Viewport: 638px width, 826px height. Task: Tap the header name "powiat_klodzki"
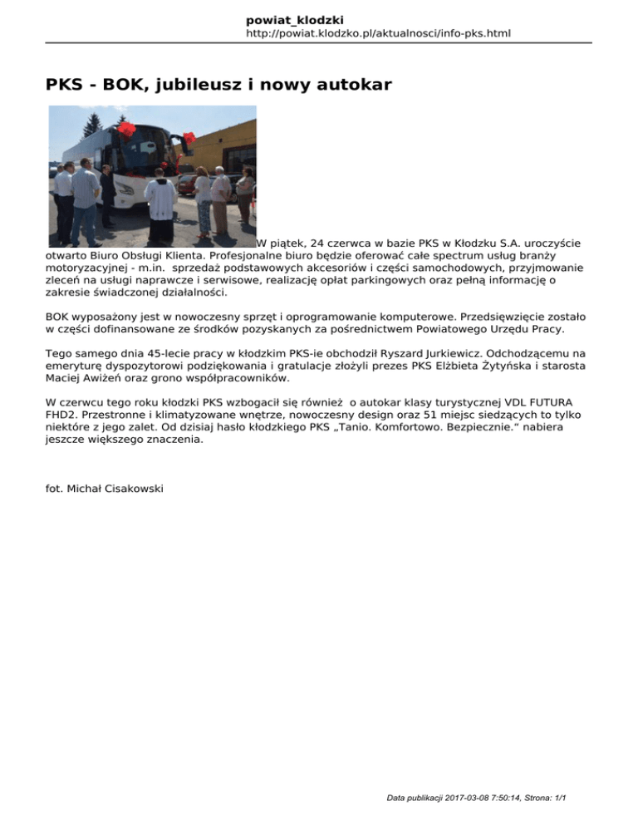[295, 19]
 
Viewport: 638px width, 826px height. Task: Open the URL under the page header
[378, 34]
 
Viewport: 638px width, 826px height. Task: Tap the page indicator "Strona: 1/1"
[540, 799]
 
